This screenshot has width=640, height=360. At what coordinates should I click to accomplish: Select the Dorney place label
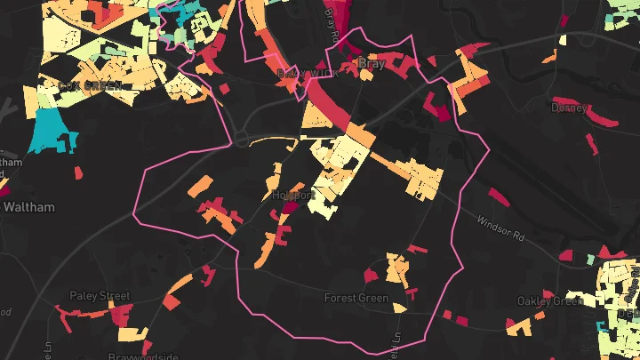568,108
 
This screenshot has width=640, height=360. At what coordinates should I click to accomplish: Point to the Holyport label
293,195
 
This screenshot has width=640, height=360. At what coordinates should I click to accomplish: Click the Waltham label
29,207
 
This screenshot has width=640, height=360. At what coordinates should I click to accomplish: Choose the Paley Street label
100,295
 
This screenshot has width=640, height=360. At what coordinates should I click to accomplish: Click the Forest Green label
356,298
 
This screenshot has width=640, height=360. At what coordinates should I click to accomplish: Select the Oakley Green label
549,300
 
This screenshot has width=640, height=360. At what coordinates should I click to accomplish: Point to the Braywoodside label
137,356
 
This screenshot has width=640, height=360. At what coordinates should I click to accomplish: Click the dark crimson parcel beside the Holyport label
291,207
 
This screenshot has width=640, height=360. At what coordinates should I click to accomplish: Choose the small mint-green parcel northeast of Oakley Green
589,260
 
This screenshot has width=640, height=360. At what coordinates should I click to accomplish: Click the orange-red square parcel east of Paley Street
170,301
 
